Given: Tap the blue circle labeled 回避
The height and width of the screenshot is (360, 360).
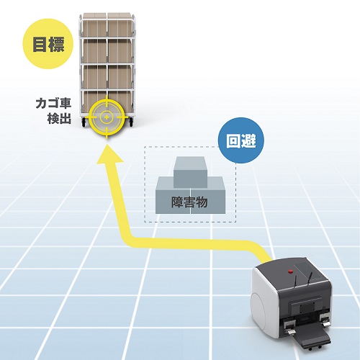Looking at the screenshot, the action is pyautogui.click(x=240, y=140).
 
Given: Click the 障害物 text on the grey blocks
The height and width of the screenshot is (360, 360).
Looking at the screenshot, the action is pyautogui.click(x=189, y=202).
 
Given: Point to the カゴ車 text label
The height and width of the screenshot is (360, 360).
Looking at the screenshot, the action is pyautogui.click(x=53, y=104).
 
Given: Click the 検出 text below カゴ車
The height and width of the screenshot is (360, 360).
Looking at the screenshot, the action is pyautogui.click(x=59, y=118).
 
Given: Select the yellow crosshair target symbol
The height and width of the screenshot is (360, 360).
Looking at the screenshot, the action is pyautogui.click(x=107, y=117).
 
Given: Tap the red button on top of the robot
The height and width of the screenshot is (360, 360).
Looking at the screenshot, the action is pyautogui.click(x=290, y=271).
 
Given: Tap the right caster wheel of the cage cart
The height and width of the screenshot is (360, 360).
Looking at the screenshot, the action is pyautogui.click(x=131, y=122).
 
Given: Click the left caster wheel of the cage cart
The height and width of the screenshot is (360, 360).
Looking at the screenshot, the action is pyautogui.click(x=84, y=122).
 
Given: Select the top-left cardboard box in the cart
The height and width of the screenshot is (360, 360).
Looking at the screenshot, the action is pyautogui.click(x=94, y=25).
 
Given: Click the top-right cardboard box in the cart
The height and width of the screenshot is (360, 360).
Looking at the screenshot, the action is pyautogui.click(x=120, y=25).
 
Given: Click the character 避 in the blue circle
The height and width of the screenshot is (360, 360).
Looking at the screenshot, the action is pyautogui.click(x=249, y=140).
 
